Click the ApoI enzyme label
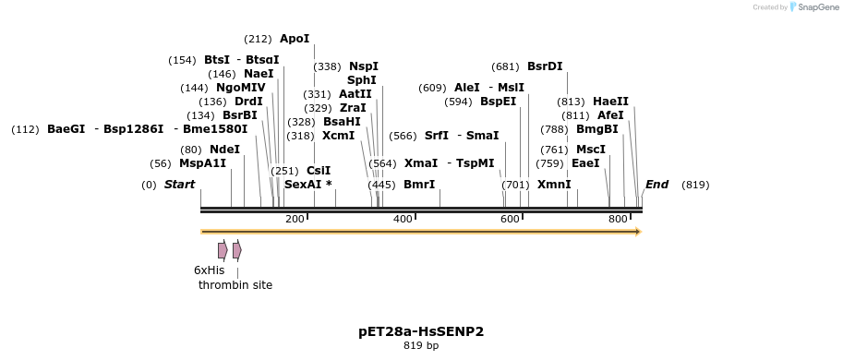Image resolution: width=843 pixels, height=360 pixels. tap(295, 39)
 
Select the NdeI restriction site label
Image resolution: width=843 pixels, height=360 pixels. tap(224, 150)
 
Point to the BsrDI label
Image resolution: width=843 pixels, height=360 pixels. tap(545, 66)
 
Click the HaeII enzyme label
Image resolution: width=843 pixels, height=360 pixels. tap(610, 102)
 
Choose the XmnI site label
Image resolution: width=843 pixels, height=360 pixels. tap(554, 185)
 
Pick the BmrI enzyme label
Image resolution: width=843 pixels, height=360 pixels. tap(419, 185)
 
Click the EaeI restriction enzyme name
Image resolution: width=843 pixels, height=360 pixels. tap(585, 163)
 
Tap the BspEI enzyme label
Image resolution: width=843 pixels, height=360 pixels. tap(498, 102)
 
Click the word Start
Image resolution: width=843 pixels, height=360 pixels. tap(179, 185)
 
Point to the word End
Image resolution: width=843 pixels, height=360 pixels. tap(656, 185)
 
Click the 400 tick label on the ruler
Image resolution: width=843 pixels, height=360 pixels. tap(403, 219)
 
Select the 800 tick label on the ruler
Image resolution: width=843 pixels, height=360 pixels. tap(618, 219)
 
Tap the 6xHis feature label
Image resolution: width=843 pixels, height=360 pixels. tap(209, 270)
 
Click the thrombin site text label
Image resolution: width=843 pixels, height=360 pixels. tap(235, 285)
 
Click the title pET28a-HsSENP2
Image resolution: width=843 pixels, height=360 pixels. tap(421, 330)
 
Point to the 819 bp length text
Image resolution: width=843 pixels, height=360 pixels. tap(421, 346)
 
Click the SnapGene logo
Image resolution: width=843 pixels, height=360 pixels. tap(814, 7)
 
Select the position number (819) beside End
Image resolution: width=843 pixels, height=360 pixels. tap(695, 185)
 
